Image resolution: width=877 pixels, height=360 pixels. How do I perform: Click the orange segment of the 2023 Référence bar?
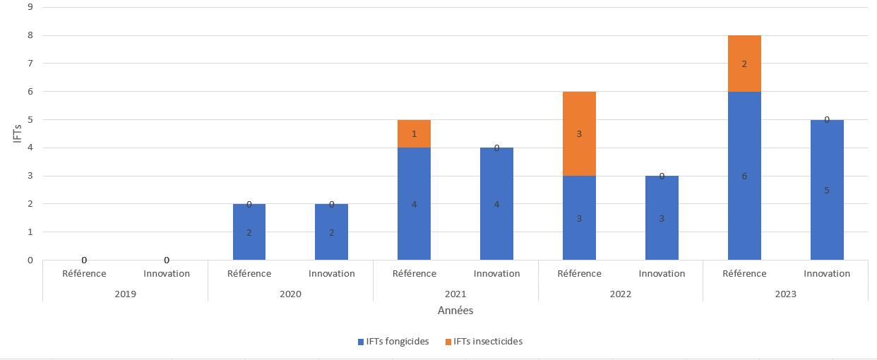pos(744,64)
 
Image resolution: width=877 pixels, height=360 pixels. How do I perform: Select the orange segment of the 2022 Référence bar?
pos(579,133)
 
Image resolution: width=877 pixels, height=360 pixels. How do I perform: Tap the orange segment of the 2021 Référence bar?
pos(414,133)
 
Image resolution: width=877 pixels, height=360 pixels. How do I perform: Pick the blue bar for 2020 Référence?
pos(249,232)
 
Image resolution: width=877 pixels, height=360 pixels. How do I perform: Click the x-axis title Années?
pos(455,311)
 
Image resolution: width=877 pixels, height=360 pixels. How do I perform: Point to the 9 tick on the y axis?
pos(30,7)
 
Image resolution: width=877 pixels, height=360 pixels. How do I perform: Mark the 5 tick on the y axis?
pos(30,119)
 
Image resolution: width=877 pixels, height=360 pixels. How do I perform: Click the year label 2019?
pos(125,294)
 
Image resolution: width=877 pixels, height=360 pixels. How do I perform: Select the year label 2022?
pos(621,294)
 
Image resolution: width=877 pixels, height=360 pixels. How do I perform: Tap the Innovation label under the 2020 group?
pos(332,273)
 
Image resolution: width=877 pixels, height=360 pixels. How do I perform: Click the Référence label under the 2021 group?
pos(414,273)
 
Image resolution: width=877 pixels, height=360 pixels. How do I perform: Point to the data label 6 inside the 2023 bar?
pos(744,176)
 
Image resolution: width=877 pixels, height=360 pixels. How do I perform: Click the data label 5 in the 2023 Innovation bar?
pos(827,190)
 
